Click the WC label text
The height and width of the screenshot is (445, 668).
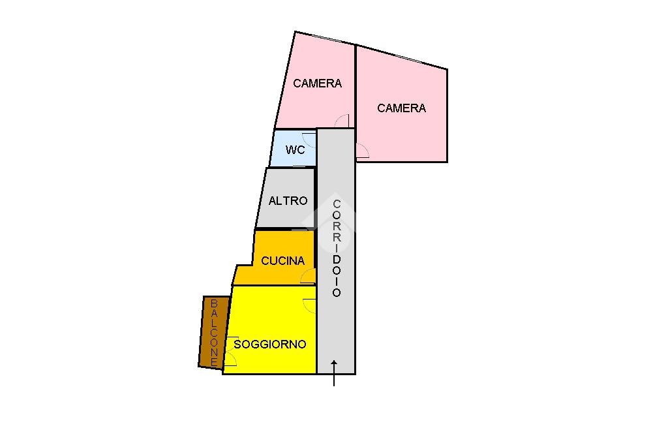click(x=295, y=150)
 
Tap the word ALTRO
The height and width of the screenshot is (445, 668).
click(x=288, y=201)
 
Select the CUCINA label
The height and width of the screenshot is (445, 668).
click(x=282, y=261)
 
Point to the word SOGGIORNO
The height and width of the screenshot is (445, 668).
click(x=269, y=345)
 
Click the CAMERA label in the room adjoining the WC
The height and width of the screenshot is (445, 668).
click(x=317, y=84)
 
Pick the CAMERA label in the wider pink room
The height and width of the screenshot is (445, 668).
click(x=401, y=108)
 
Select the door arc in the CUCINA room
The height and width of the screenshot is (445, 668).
click(x=308, y=277)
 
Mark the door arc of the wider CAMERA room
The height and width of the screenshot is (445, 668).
click(x=363, y=152)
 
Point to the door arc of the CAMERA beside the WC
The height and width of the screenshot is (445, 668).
click(x=342, y=121)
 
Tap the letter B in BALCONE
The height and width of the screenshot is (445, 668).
click(x=214, y=303)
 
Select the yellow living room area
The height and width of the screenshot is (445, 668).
click(x=271, y=320)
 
